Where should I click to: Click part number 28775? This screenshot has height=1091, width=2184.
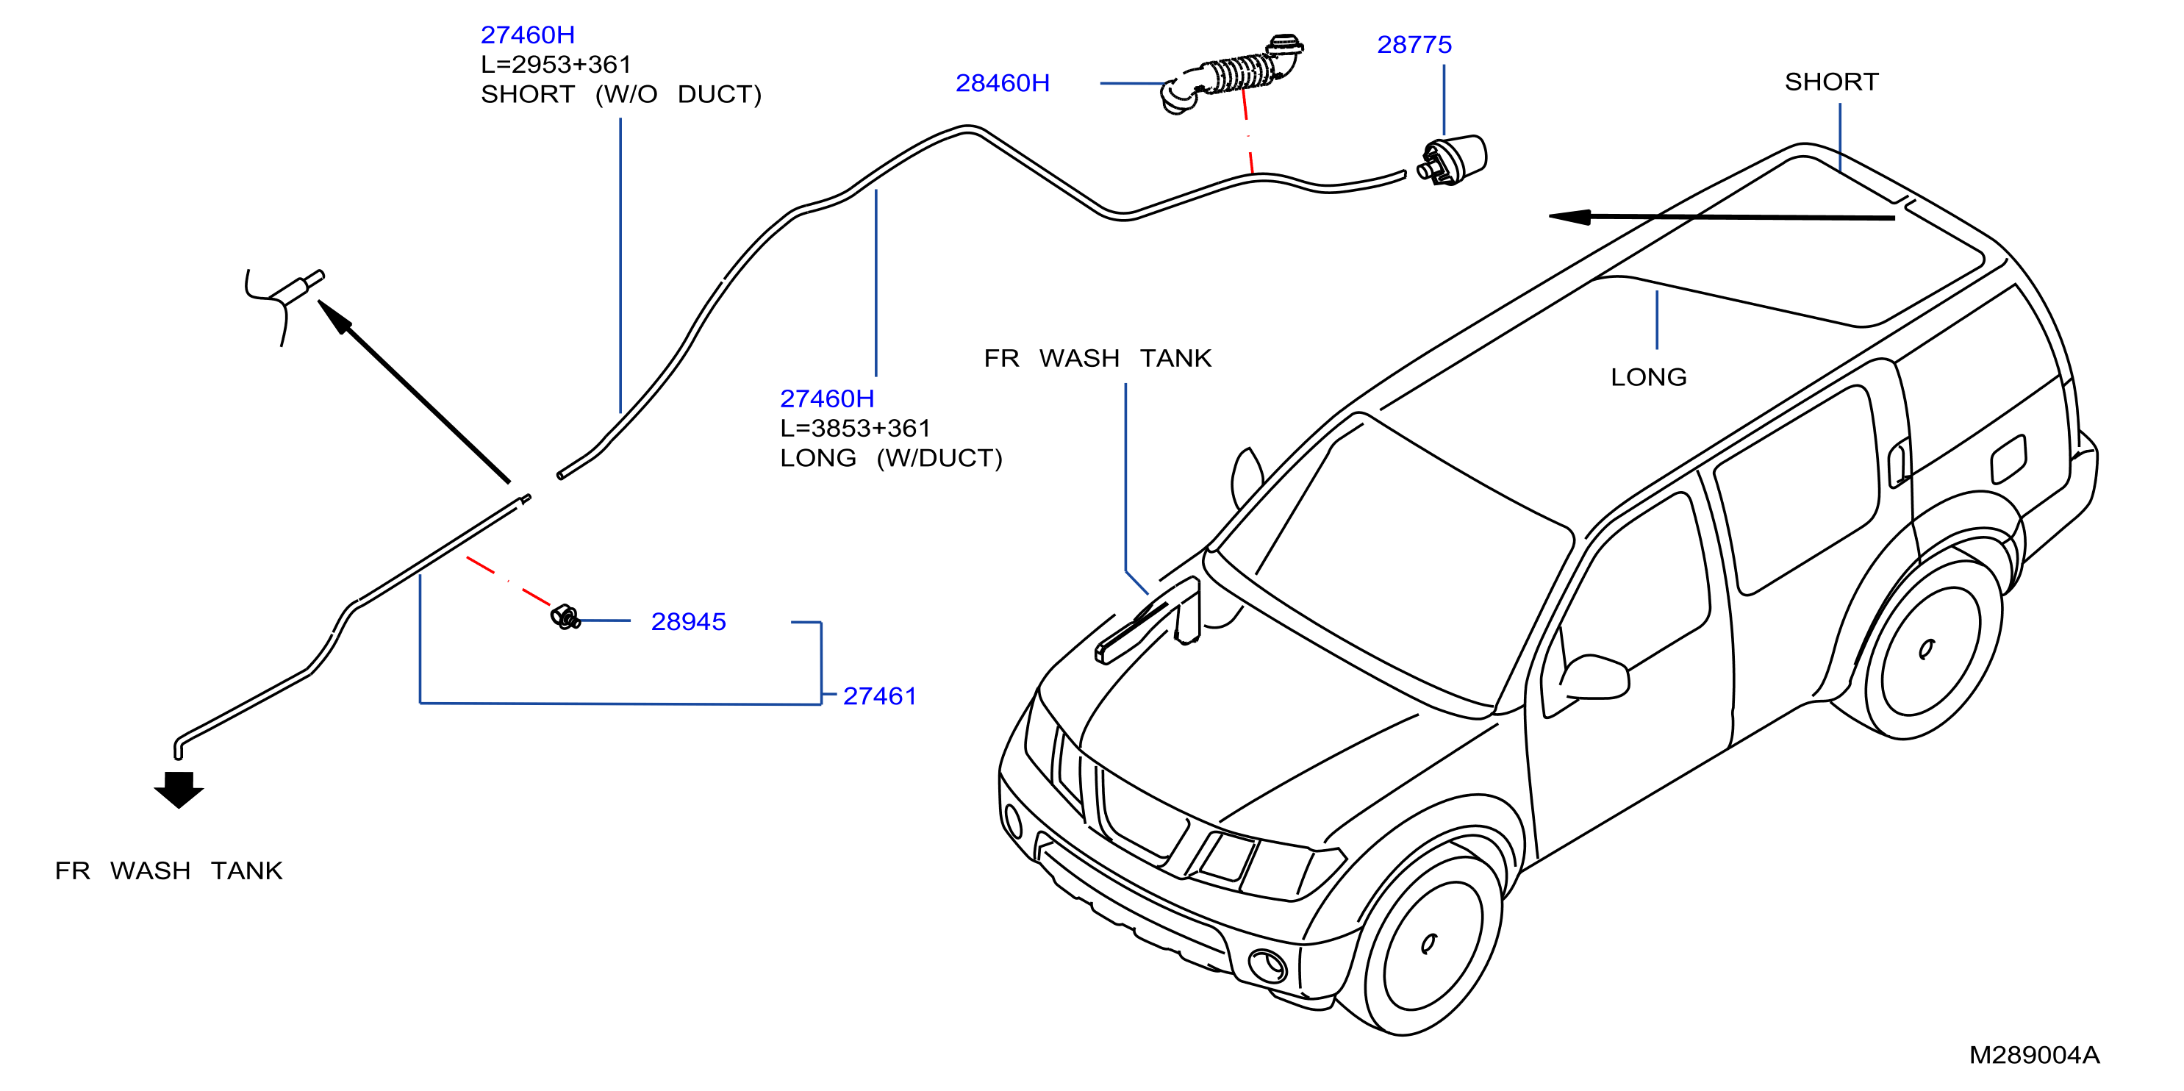(1414, 44)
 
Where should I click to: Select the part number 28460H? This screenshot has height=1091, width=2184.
(1002, 83)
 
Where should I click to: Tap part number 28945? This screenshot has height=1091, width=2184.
(689, 621)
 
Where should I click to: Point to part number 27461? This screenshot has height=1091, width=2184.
(879, 696)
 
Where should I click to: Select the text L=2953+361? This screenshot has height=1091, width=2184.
(556, 65)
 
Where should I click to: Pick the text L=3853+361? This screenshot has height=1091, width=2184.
(856, 428)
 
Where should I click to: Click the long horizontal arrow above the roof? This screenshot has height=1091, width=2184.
(1722, 217)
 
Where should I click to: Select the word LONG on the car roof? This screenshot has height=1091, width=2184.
(1648, 377)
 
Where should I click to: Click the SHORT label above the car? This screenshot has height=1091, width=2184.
(1831, 82)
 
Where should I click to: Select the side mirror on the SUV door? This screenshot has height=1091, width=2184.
(1594, 676)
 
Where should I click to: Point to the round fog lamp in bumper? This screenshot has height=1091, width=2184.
(1267, 965)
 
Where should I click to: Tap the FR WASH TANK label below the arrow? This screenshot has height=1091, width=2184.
(169, 870)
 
